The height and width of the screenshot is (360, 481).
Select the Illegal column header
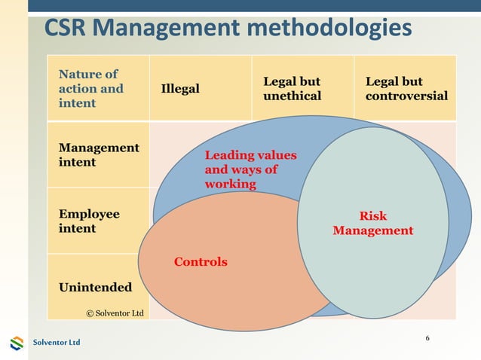(x=180, y=89)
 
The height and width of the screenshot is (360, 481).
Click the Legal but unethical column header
(x=292, y=89)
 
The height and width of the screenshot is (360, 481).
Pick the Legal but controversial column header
(x=406, y=89)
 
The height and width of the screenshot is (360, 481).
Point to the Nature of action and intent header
(x=90, y=89)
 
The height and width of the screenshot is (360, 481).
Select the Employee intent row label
(x=88, y=221)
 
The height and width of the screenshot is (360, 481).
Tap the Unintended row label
(x=95, y=287)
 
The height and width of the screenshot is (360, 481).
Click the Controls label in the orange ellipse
(x=201, y=262)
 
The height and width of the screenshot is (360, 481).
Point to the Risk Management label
(x=373, y=224)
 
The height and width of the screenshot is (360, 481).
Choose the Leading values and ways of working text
(x=251, y=169)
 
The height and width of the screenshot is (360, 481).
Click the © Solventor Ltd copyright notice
(x=114, y=312)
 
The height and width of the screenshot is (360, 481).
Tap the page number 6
(x=427, y=337)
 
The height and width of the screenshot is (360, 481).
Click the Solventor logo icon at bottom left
(x=17, y=343)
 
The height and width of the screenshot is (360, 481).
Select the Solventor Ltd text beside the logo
(x=56, y=343)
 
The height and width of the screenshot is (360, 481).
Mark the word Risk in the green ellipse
(x=373, y=216)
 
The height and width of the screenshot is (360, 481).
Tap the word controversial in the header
(x=406, y=96)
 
